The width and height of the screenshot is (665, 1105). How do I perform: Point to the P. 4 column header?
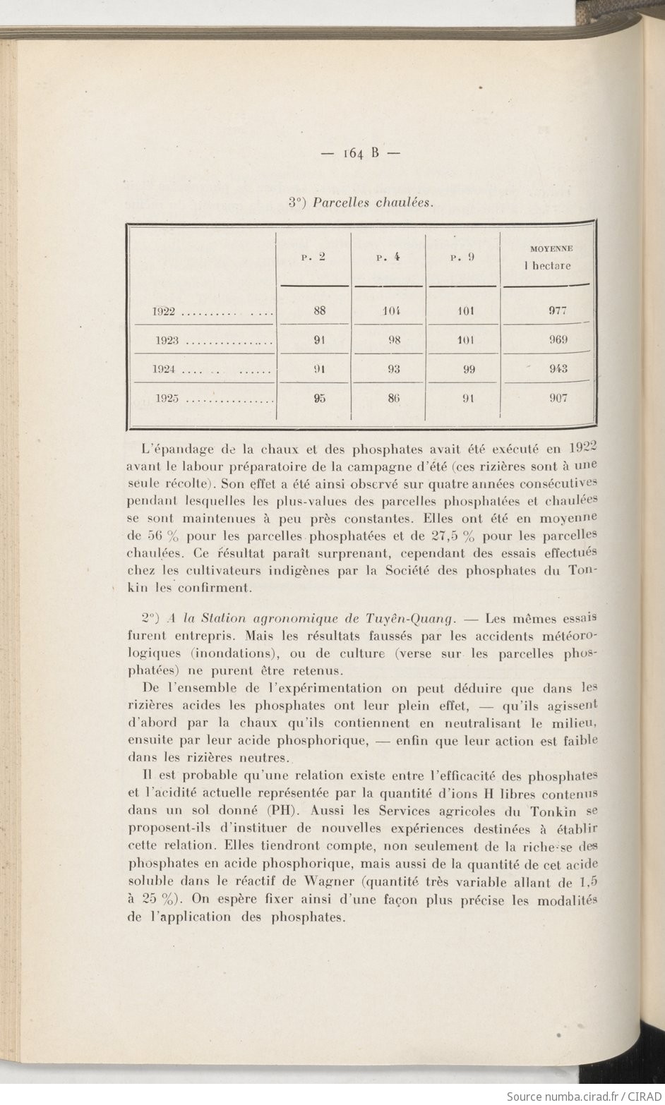[388, 258]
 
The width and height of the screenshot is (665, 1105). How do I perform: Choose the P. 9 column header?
[462, 258]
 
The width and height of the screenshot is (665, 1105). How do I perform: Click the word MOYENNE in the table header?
[551, 248]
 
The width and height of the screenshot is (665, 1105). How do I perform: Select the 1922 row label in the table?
[165, 311]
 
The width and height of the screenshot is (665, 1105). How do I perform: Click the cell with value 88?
[319, 310]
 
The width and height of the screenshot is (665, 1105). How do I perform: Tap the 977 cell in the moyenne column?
[558, 310]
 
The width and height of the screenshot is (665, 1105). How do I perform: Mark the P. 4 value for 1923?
[394, 339]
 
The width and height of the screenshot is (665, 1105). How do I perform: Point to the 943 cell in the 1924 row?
[558, 368]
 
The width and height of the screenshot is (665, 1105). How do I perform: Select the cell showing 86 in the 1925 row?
[394, 398]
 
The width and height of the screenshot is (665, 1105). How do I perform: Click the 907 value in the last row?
[558, 398]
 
